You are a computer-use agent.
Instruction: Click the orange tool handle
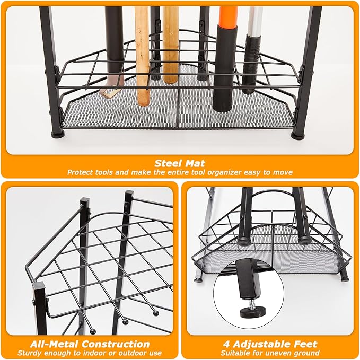pyautogui.click(x=229, y=16)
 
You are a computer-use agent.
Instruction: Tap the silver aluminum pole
pyautogui.click(x=256, y=21)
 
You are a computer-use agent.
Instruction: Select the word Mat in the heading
pyautogui.click(x=195, y=163)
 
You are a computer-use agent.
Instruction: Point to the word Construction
pyautogui.click(x=116, y=344)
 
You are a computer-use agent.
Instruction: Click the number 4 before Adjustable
pyautogui.click(x=226, y=344)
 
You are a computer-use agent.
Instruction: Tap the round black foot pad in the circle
pyautogui.click(x=253, y=312)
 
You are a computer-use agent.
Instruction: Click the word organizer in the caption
pyautogui.click(x=219, y=172)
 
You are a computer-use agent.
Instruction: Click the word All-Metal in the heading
pyautogui.click(x=55, y=344)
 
